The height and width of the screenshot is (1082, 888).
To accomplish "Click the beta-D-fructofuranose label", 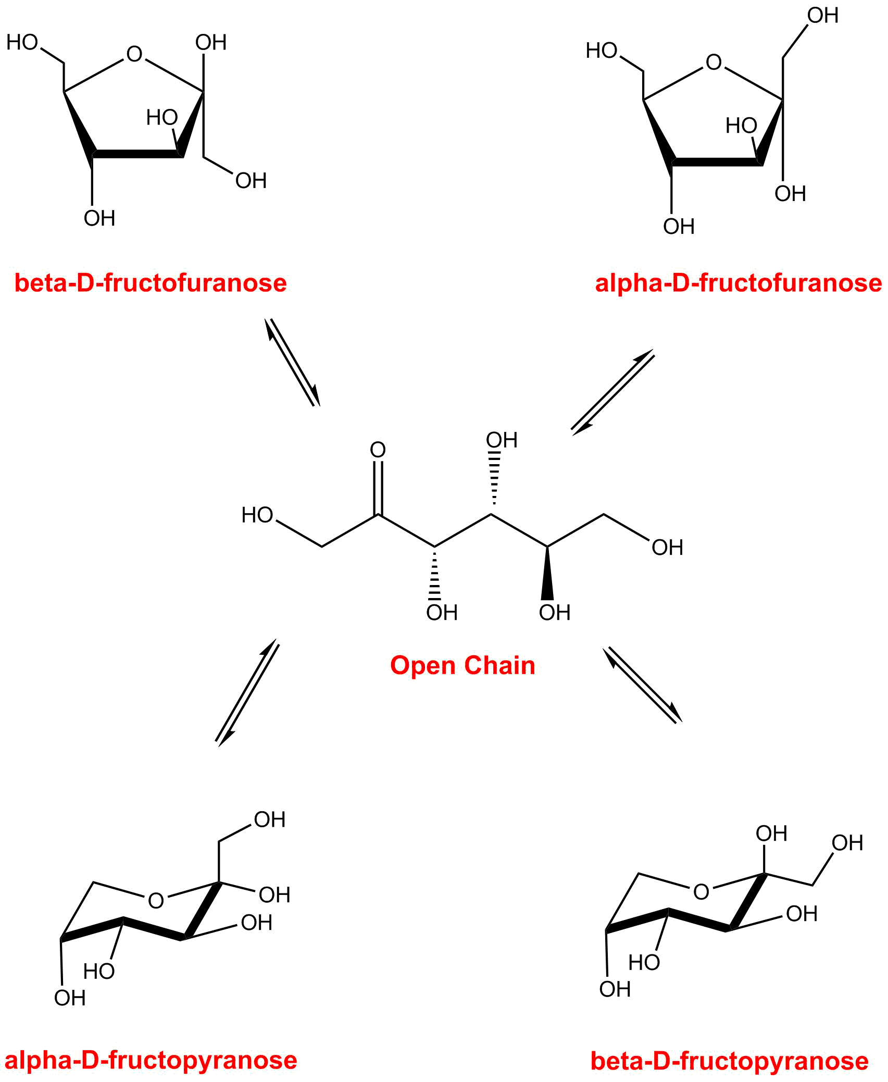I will coord(151,283).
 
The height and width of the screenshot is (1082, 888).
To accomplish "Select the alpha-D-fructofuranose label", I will coord(739,283).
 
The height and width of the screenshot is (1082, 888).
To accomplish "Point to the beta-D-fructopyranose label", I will coord(729,1061).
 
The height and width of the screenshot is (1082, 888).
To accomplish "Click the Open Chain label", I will coord(462,665).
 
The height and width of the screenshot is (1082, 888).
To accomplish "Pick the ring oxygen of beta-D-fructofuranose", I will coord(134,54).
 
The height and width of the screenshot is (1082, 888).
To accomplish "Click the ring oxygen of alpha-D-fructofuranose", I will coord(714,63).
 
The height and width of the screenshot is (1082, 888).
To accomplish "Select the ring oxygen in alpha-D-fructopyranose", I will coord(156,901).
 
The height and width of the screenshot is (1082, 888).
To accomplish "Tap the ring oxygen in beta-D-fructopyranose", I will coord(701,892).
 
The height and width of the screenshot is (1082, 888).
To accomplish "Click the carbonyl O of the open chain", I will coord(378,450).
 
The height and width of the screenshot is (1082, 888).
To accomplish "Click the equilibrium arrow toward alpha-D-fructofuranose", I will coord(612,392).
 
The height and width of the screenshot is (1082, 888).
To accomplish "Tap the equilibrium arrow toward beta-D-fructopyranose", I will coord(643,685).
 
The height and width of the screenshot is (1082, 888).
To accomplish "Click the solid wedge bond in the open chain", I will coord(547,573).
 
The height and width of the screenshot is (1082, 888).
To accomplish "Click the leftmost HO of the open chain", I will coord(257,515).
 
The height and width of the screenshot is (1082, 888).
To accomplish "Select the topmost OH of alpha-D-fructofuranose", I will coord(822,16).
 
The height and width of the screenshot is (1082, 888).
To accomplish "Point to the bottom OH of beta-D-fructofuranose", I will coord(99,218).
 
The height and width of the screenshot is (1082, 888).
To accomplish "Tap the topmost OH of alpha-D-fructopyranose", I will coord(269,820).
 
